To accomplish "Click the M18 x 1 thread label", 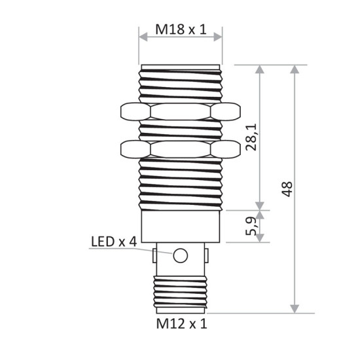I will click(180, 30).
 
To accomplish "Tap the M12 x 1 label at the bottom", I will click(180, 323).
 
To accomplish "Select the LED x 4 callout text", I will click(113, 242).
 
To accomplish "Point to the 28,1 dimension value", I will click(250, 138).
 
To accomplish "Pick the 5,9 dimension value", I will click(250, 227).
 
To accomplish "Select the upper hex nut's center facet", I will click(180, 111).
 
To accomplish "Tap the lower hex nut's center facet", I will click(180, 149).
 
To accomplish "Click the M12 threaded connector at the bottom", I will click(180, 294).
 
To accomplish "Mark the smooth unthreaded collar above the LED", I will click(180, 226).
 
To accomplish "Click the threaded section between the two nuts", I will click(180, 130).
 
